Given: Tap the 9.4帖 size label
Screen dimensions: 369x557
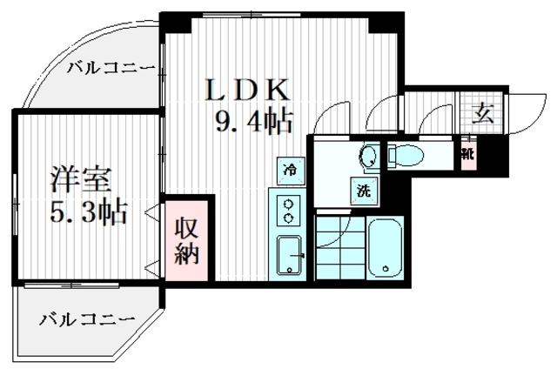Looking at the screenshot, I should tap(253, 122).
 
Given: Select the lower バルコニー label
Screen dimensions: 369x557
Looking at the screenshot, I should tap(86, 319).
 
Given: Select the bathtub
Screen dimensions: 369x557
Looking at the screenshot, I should tap(384, 251).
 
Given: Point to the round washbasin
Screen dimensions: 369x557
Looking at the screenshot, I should tap(368, 158).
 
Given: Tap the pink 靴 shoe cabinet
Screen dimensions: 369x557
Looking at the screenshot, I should tap(469, 157).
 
